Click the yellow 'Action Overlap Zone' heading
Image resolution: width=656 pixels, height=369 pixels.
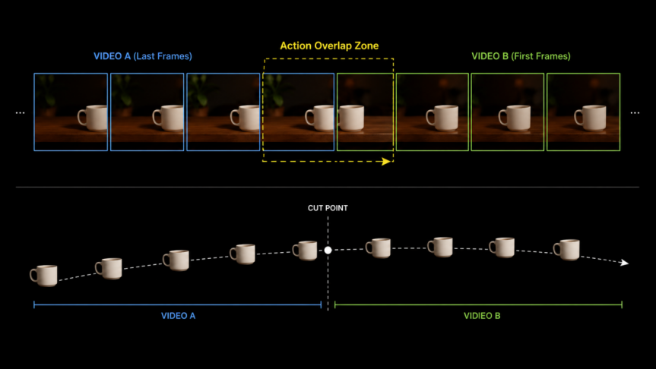329,46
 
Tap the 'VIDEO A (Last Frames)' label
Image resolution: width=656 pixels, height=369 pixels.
143,56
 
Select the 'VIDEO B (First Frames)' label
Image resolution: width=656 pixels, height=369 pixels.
521,56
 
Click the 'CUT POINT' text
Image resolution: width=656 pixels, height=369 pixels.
328,208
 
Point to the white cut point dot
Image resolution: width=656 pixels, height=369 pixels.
328,250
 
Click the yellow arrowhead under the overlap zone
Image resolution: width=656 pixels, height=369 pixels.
386,161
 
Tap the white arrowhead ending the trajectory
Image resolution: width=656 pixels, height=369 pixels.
625,263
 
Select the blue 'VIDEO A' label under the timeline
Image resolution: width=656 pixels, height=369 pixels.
178,316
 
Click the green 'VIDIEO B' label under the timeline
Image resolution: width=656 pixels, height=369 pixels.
482,316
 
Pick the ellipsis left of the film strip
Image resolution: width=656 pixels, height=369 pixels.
20,113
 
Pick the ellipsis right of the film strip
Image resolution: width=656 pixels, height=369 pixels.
635,113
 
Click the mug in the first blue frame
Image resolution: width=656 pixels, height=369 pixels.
93,118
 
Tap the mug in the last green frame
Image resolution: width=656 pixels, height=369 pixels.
590,118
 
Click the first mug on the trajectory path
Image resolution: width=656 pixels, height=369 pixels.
43,276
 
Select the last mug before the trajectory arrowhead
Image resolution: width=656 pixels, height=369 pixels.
566,250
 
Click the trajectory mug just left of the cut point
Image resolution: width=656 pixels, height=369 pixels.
305,251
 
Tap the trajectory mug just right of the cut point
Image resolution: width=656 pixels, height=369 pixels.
379,248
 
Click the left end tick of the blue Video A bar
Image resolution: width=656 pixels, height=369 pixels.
34,304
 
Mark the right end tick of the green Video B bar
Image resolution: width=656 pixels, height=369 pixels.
622,304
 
